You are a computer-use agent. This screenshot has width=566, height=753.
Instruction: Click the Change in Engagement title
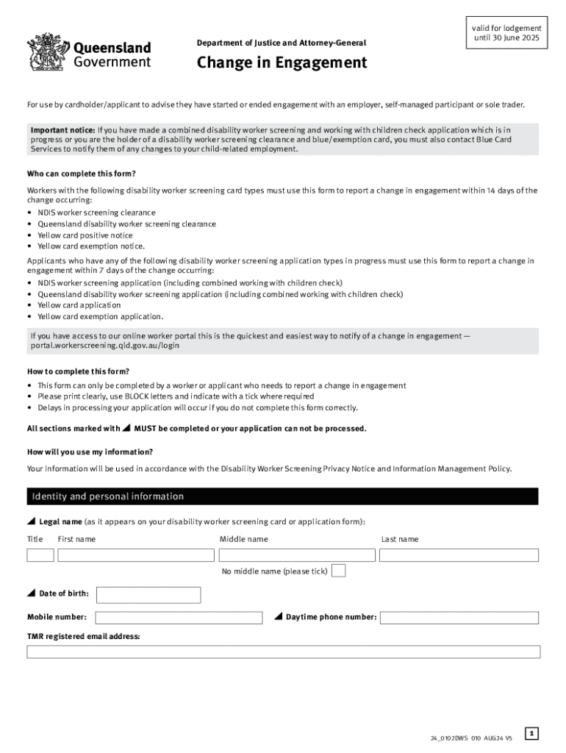click(282, 63)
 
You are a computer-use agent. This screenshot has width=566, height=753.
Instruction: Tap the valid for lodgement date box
click(506, 33)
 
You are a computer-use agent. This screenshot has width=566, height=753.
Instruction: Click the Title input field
click(40, 555)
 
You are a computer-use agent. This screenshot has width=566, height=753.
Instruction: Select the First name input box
click(136, 555)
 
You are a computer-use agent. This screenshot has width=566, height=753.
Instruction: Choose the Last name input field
click(459, 555)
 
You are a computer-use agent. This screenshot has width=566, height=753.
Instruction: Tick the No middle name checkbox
click(338, 571)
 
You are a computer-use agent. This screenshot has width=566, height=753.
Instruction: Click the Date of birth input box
click(148, 595)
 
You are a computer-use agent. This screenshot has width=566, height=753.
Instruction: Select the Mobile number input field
click(179, 618)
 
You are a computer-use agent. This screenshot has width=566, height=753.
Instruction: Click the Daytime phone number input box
click(459, 618)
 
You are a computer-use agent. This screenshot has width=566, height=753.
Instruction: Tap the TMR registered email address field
click(283, 652)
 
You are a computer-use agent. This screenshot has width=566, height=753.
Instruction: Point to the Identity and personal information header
click(108, 496)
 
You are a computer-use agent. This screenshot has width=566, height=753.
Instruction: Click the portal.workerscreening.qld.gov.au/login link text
click(105, 345)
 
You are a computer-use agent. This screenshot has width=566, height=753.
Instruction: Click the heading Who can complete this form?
click(82, 174)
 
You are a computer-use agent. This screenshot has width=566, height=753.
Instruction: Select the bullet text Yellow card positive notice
click(85, 235)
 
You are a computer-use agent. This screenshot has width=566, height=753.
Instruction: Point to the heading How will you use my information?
click(90, 452)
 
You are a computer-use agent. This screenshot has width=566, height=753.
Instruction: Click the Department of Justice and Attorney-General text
click(281, 43)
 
